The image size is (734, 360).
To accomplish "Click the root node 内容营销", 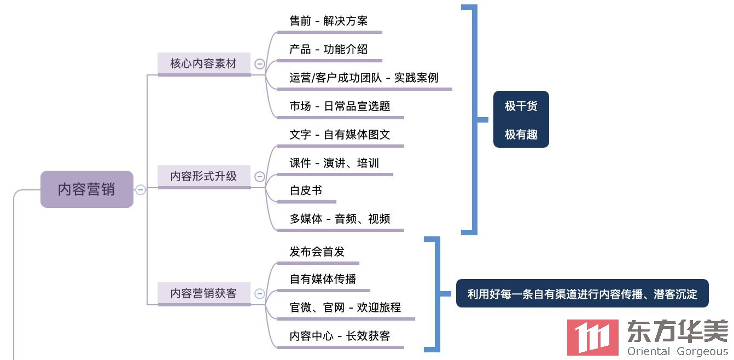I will (x=86, y=189).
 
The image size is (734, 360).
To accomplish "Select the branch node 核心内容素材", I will (x=203, y=63).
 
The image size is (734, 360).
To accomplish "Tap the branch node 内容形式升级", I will (x=203, y=176).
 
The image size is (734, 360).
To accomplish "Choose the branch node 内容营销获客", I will (x=203, y=293).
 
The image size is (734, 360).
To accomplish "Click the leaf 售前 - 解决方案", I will (x=328, y=21).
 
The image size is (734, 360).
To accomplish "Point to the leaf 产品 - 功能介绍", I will (x=328, y=49).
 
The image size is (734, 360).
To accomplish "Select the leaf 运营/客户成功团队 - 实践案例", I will (x=364, y=78).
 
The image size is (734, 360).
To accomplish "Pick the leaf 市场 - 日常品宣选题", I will (x=340, y=106).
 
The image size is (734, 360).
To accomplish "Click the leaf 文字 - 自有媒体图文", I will (x=340, y=135).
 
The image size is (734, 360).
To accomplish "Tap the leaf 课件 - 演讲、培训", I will (x=334, y=163).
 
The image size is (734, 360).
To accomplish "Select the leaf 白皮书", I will (x=306, y=190).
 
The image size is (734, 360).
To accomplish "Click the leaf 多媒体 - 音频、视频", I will (x=340, y=219).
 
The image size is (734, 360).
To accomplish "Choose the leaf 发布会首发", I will (x=317, y=252).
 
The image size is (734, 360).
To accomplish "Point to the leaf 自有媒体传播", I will (x=323, y=279).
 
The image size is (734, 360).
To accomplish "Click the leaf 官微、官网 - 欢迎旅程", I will (x=345, y=307).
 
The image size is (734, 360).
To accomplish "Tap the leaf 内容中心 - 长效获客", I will (x=340, y=336).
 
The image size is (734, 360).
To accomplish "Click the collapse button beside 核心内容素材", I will (x=260, y=64).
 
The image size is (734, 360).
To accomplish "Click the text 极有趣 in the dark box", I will (x=521, y=134).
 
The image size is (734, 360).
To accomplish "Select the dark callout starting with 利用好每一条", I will (x=582, y=294).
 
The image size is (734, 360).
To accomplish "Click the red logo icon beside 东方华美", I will (x=593, y=337).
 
